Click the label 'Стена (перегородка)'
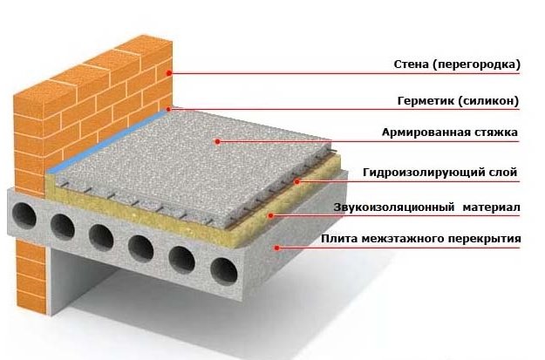pos(457,65)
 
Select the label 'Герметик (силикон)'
pos(458,101)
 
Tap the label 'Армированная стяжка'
pos(450,132)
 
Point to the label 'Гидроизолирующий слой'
pos(440,173)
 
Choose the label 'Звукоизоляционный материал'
pos(426,207)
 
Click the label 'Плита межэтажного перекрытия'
pos(421,239)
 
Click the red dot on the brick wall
pos(169,73)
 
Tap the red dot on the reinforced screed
pos(218,141)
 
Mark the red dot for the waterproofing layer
pos(297,181)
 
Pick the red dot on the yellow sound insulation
pos(271,215)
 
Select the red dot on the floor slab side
pos(276,248)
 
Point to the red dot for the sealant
pos(168,109)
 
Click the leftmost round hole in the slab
pos(24,215)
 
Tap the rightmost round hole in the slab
pos(224,271)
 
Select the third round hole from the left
pos(101,237)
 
